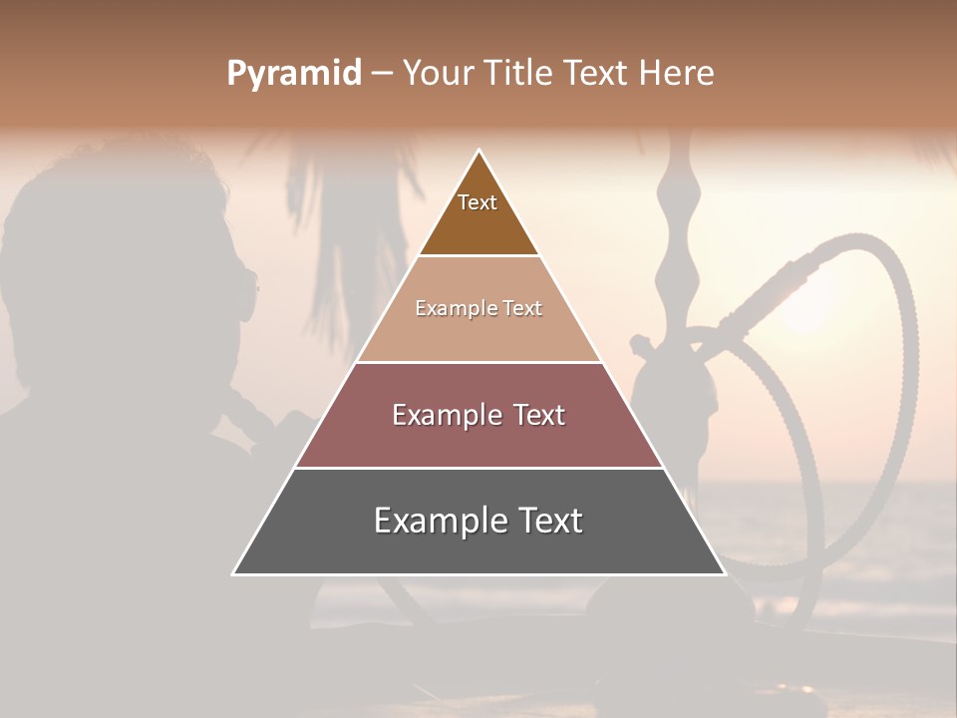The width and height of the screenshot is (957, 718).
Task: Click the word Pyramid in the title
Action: pos(294,74)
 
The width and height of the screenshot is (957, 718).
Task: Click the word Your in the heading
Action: pos(438,74)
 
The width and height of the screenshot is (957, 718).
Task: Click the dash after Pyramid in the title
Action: pos(382,74)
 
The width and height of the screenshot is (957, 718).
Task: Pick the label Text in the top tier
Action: pos(478,202)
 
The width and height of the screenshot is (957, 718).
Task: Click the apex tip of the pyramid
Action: pos(479,152)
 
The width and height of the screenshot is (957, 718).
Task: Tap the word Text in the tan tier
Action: pos(522,308)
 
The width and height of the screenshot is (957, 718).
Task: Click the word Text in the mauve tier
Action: pos(539,415)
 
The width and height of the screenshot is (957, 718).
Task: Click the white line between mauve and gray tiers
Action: pos(478,468)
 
